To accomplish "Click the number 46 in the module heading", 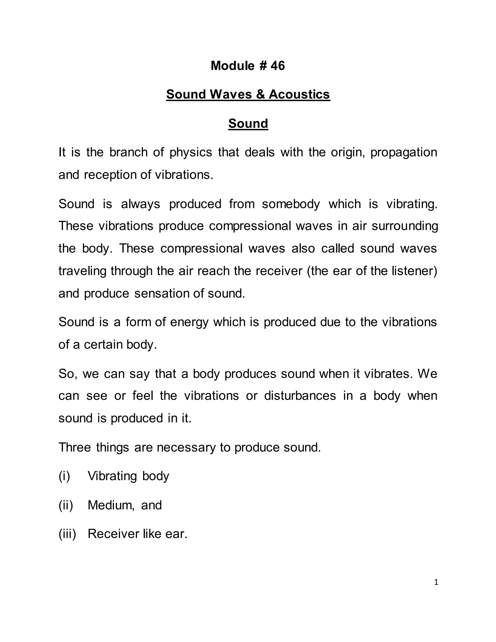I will coord(278,66).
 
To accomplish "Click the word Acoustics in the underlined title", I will coord(299,94).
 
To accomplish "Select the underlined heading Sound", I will coord(248,124).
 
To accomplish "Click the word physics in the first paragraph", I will coord(191,153).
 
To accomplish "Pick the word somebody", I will coord(291,204).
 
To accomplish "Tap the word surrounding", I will coord(405,226).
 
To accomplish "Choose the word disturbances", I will coord(300,396).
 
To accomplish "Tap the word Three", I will coord(75,447).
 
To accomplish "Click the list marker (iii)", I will coord(67,534).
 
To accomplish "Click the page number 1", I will coord(436,582).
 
